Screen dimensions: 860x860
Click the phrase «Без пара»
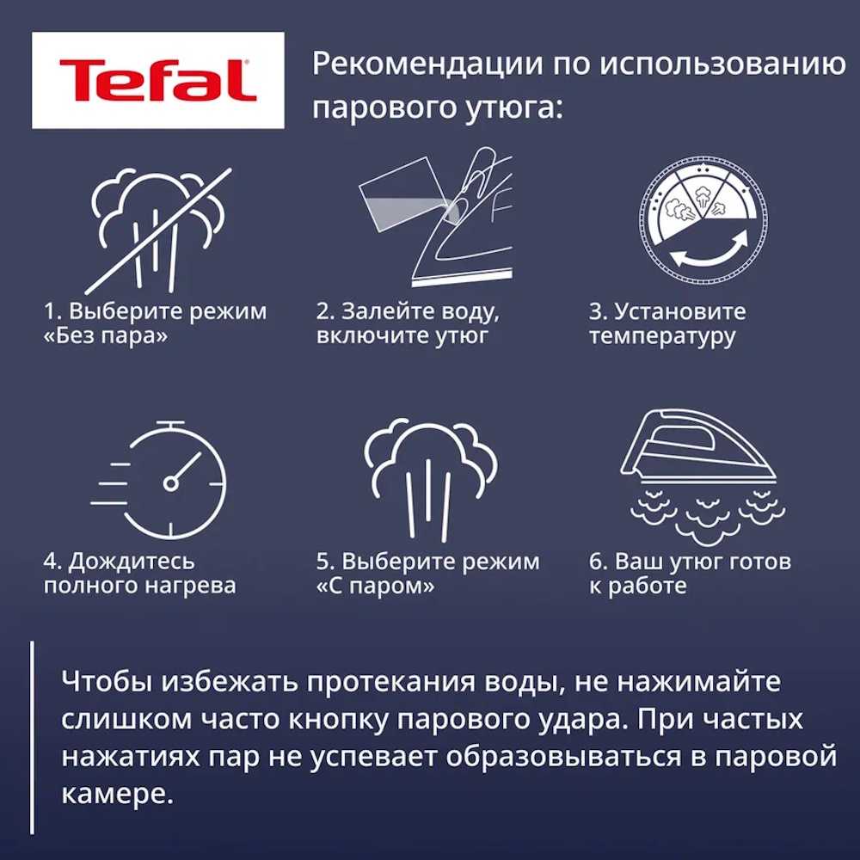(x=105, y=336)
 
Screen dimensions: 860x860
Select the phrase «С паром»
(x=375, y=587)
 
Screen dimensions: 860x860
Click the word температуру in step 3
(x=662, y=336)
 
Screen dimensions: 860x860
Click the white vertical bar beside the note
(x=32, y=737)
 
